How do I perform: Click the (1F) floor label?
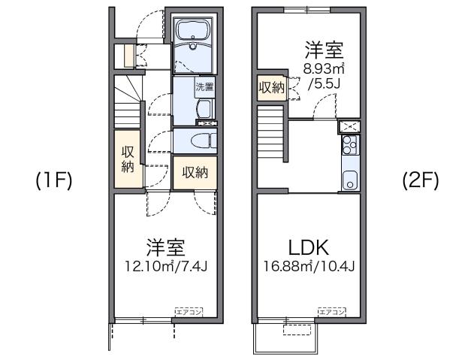pyautogui.click(x=53, y=181)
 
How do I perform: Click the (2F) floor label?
pyautogui.click(x=420, y=181)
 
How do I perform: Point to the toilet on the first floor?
pyautogui.click(x=197, y=141)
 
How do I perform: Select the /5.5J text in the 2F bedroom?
pyautogui.click(x=325, y=83)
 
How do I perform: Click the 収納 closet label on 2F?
pyautogui.click(x=271, y=89)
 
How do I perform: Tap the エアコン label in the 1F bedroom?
pyautogui.click(x=189, y=310)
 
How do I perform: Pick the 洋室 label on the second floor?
pyautogui.click(x=324, y=51)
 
